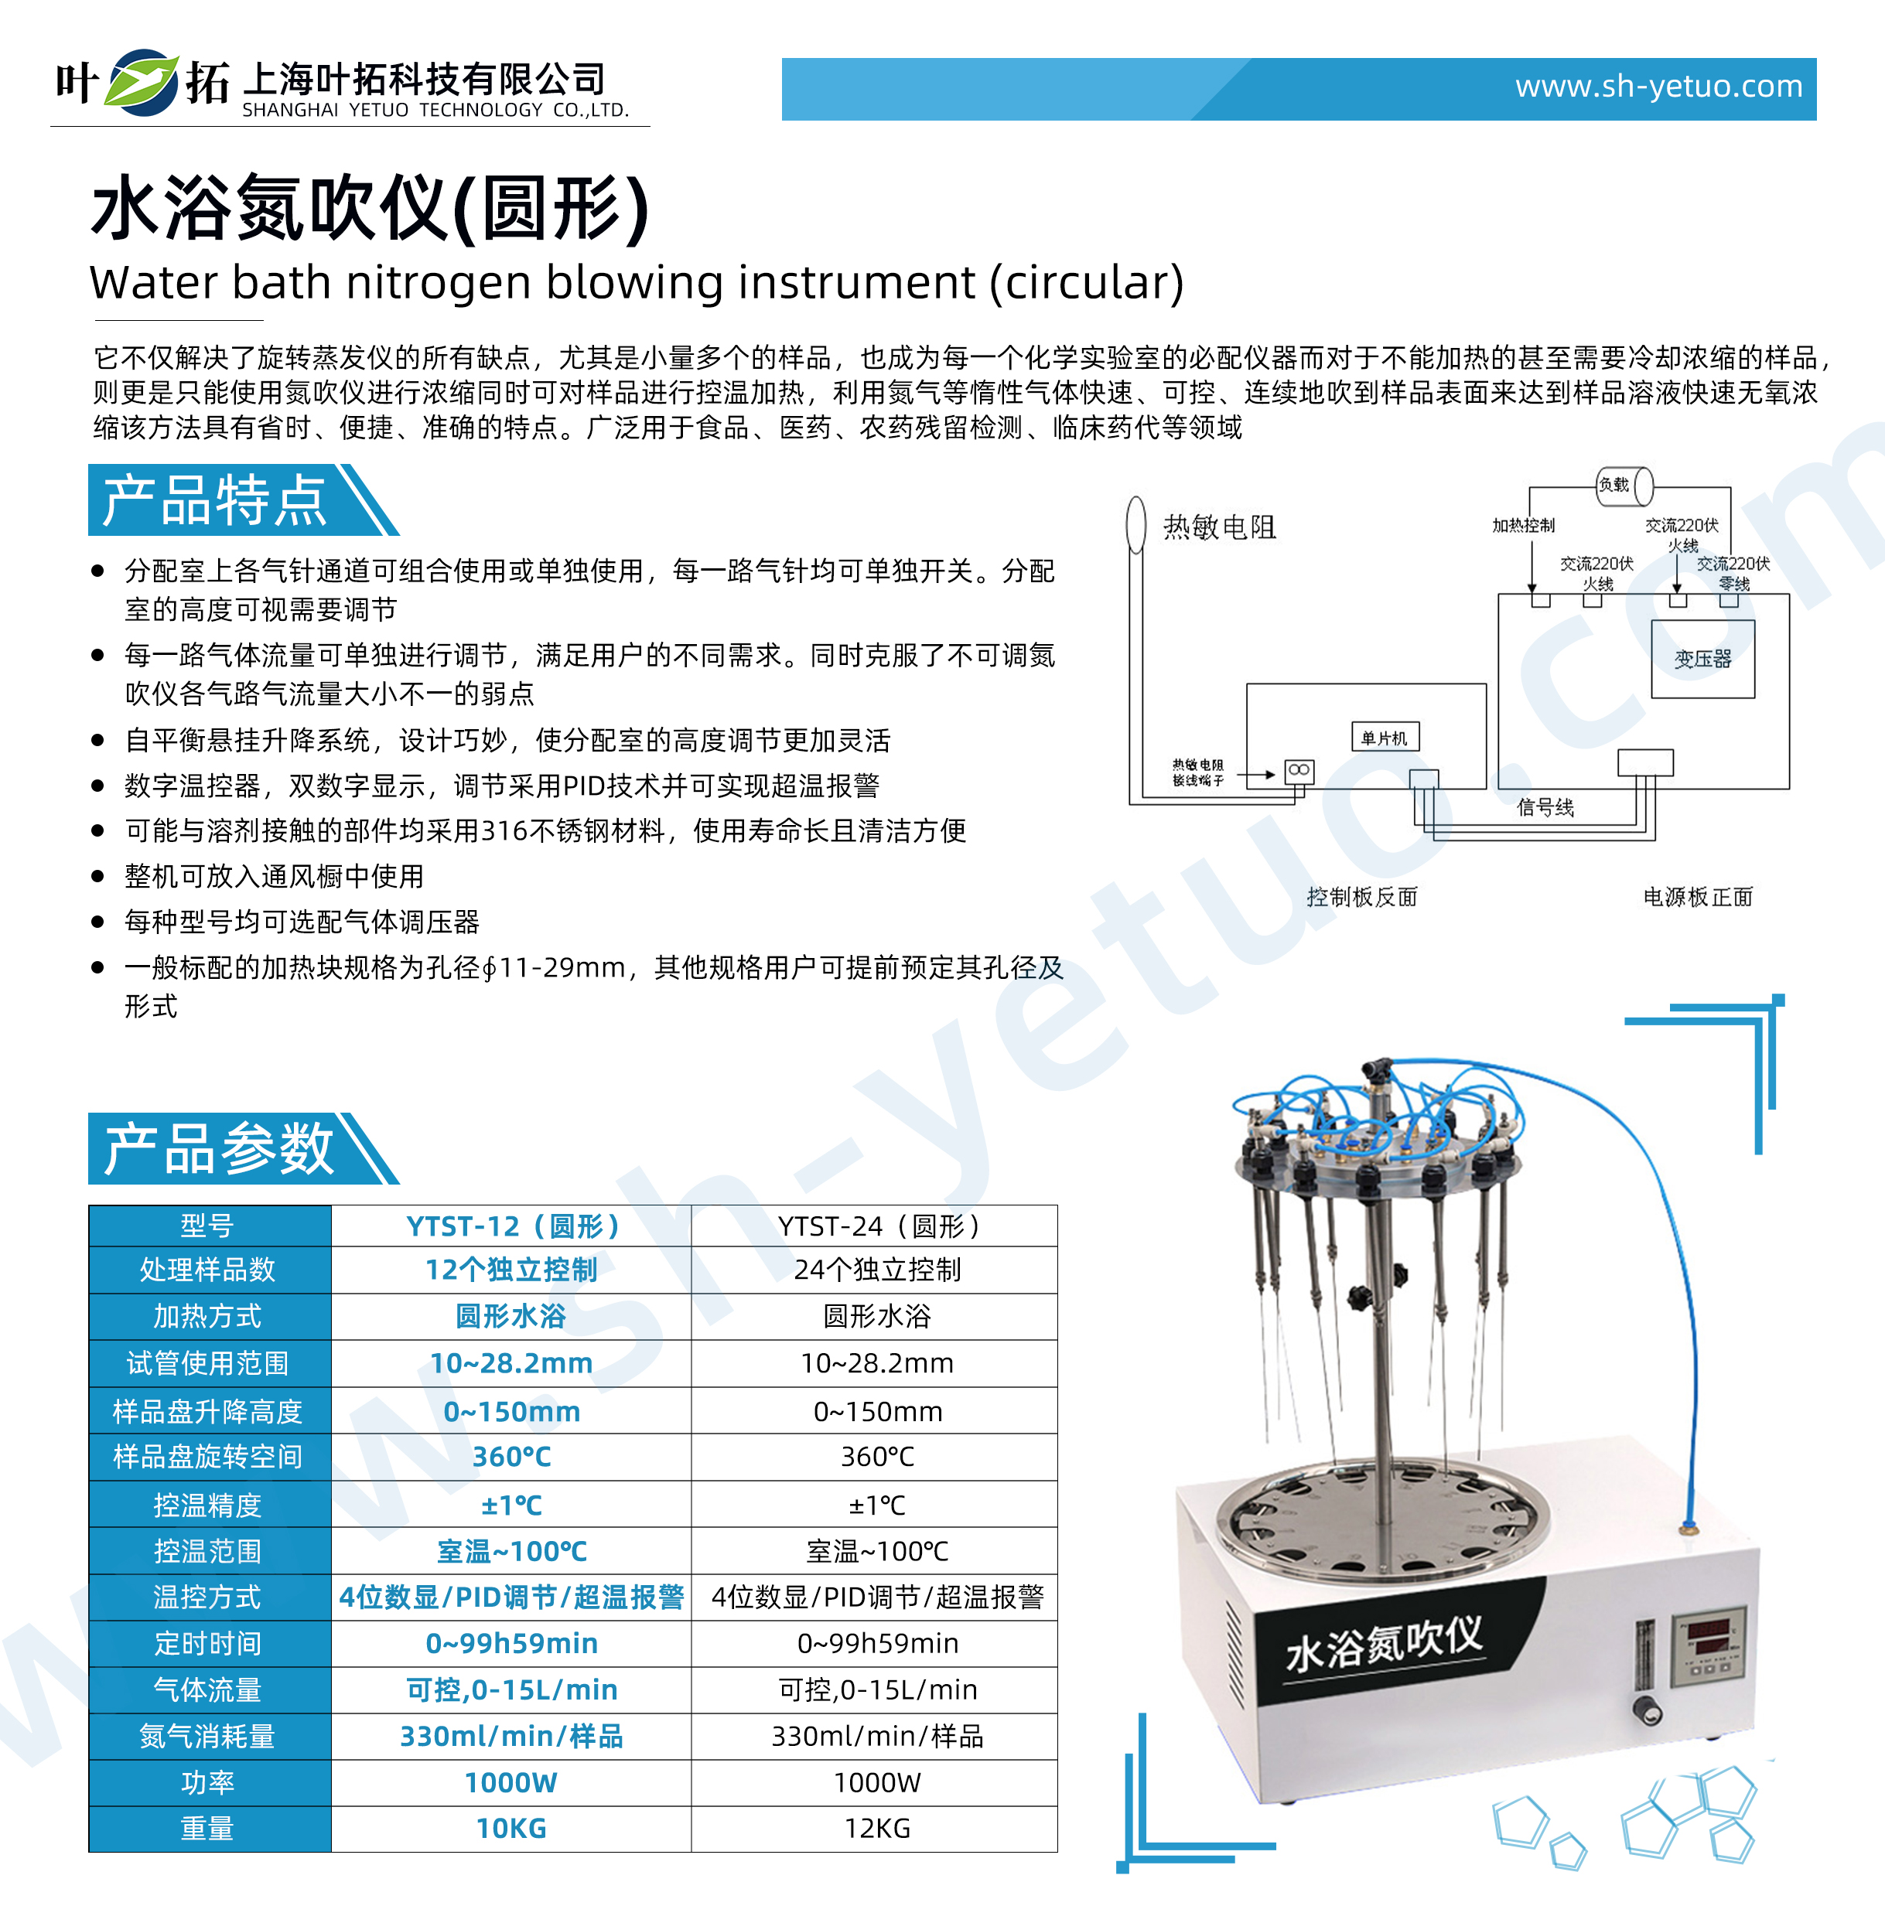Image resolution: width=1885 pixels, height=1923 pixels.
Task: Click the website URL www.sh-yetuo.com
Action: [x=1658, y=87]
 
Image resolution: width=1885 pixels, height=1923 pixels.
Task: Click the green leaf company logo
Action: [x=142, y=84]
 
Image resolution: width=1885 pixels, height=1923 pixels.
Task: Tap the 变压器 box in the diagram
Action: [x=1702, y=659]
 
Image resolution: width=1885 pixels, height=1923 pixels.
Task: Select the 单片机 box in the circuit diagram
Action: [x=1384, y=738]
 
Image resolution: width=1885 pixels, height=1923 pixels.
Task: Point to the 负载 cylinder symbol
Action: [x=1624, y=485]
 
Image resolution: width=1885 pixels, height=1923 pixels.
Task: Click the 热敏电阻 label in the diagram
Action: [x=1219, y=527]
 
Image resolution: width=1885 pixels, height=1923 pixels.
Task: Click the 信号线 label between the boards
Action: [x=1545, y=806]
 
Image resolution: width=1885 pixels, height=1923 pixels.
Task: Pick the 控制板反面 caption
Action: [x=1361, y=897]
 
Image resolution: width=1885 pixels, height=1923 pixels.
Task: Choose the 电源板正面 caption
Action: [x=1697, y=897]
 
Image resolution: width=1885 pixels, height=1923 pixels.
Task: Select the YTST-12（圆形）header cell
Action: [x=512, y=1226]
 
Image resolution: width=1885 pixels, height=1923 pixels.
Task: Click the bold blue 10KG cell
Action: [x=512, y=1828]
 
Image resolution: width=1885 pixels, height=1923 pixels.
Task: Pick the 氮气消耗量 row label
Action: [x=208, y=1736]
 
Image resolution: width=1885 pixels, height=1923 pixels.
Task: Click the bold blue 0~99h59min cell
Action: [x=512, y=1643]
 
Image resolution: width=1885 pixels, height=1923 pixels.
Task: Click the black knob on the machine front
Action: [x=1647, y=1710]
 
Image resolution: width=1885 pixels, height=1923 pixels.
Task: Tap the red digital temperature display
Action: [x=1708, y=1629]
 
